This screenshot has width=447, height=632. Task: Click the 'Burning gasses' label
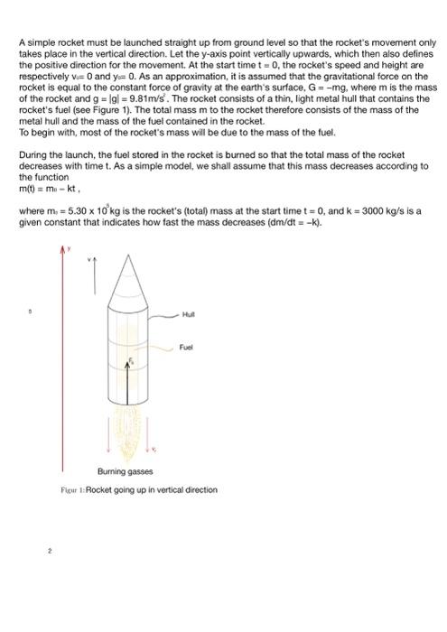pyautogui.click(x=126, y=471)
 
